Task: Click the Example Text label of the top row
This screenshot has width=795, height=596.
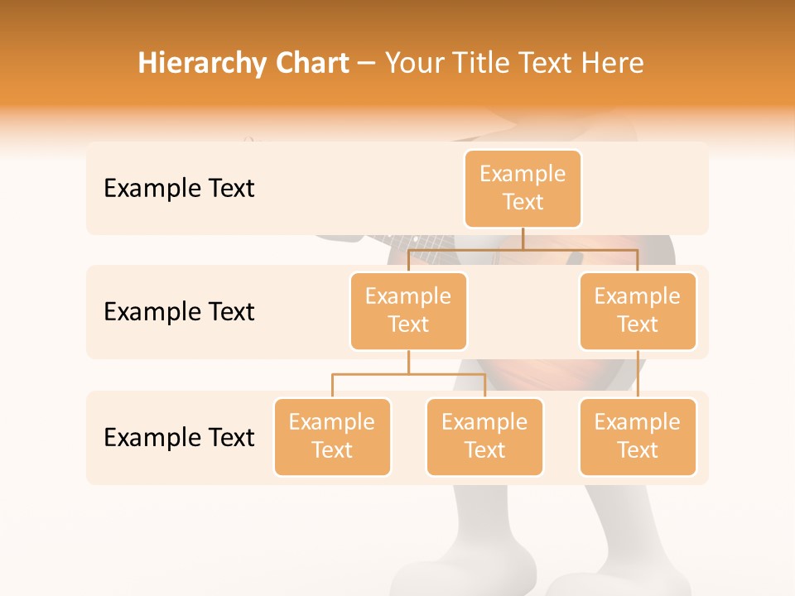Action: coord(179,189)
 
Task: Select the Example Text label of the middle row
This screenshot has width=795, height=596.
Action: coord(179,312)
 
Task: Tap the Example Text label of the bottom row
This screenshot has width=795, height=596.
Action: coord(179,437)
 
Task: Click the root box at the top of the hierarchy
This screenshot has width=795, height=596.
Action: coord(523,189)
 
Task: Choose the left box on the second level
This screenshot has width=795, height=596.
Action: coord(408,311)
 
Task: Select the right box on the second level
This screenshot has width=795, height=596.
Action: coord(638,311)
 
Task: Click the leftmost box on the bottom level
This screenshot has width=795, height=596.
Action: coord(332,437)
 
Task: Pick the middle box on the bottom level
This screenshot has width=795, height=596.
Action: coord(484,437)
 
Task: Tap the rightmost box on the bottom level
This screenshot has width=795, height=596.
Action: coord(638,437)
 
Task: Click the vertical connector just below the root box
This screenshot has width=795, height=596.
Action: coord(523,238)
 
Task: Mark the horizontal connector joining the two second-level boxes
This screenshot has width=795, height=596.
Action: coord(580,249)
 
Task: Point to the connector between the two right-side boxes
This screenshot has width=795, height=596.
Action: coord(638,374)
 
